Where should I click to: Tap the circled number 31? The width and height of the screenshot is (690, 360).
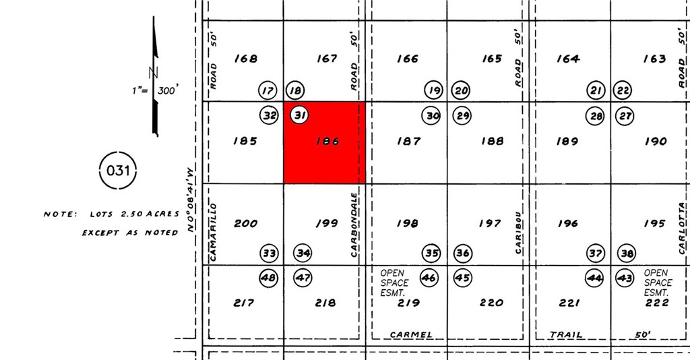[x=299, y=115]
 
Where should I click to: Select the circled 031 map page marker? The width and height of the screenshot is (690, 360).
[x=118, y=170]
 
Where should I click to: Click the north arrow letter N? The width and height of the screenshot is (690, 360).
[x=154, y=72]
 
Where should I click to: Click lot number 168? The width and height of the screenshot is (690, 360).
[x=245, y=59]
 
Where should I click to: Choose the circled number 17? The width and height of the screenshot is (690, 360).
[x=268, y=90]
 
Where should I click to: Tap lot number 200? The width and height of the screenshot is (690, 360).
[x=245, y=223]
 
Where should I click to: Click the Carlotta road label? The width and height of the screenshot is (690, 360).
[x=684, y=227]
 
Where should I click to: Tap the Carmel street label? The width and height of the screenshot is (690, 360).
[x=411, y=334]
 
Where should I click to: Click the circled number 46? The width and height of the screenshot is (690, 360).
[x=429, y=277]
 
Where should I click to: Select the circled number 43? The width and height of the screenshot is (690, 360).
[x=625, y=277]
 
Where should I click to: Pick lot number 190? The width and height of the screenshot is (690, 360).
[x=655, y=142]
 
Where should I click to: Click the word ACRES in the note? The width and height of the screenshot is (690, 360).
[x=162, y=214]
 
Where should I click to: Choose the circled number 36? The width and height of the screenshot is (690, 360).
[x=462, y=253]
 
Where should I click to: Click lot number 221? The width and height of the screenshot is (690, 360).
[x=569, y=303]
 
